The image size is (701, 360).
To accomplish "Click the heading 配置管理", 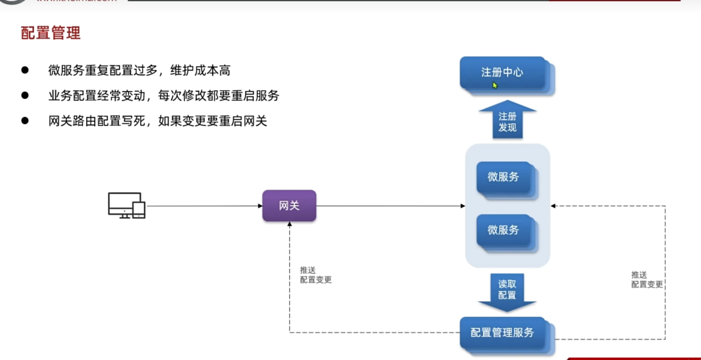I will (x=51, y=33).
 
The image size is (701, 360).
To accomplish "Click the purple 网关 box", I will (x=289, y=206).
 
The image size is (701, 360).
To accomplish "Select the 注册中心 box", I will (x=502, y=73).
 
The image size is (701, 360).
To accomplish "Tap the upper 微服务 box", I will (x=503, y=177).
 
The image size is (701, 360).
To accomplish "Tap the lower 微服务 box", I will (x=503, y=230).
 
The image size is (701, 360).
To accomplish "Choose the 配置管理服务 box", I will (x=502, y=332).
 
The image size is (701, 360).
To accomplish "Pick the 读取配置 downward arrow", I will (x=507, y=290).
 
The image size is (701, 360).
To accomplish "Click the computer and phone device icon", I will (x=126, y=206).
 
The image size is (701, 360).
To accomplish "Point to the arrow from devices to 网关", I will (x=204, y=206).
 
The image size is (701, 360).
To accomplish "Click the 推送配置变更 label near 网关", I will (x=315, y=275).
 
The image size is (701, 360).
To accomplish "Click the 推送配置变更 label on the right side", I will (x=646, y=280).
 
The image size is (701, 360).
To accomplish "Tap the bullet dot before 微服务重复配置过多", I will (x=25, y=70).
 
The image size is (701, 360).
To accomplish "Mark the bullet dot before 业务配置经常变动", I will (x=25, y=95).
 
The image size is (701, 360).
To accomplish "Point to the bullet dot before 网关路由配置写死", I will (x=25, y=120).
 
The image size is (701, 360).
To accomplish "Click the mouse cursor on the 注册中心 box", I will (x=495, y=85).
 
